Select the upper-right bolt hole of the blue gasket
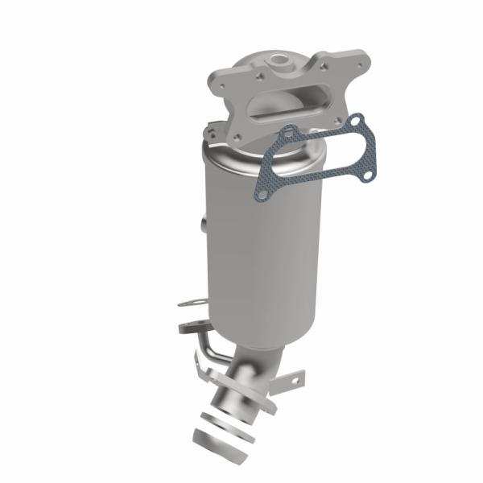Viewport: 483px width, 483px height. pyautogui.click(x=360, y=121)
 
